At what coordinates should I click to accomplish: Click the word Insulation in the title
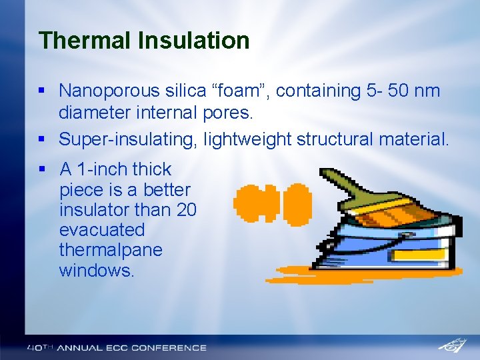tap(193, 41)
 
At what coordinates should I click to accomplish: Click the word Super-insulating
tap(128, 139)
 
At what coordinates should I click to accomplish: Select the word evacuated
tap(101, 230)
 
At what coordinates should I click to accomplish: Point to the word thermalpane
tap(111, 250)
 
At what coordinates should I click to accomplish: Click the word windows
tap(96, 271)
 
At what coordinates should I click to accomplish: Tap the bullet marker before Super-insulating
tap(42, 139)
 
